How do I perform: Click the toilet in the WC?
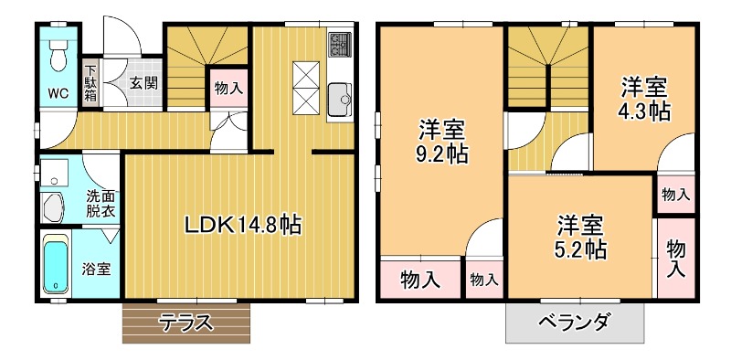[58, 55]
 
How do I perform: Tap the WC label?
[58, 92]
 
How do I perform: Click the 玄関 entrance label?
[144, 83]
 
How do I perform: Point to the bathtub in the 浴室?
[56, 264]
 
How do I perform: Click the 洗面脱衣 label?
[101, 204]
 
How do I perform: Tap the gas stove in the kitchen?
[339, 44]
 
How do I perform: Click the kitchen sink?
[340, 100]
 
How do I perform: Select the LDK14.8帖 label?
[242, 226]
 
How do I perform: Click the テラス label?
[186, 323]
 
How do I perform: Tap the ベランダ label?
[575, 323]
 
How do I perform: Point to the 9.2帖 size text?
[441, 154]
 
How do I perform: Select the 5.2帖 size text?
[581, 250]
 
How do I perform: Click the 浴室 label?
[97, 269]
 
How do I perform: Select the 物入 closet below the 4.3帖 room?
[676, 194]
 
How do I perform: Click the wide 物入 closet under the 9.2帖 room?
[420, 279]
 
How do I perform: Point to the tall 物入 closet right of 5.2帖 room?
[676, 259]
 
